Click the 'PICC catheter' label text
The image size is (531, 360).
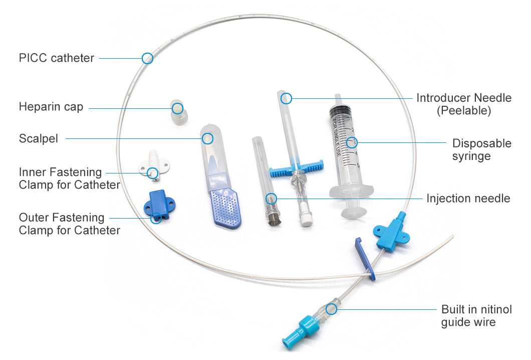(56, 58)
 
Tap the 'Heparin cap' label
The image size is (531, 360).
(51, 107)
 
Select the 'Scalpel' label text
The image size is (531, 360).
(39, 138)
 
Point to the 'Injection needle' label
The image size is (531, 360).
(468, 199)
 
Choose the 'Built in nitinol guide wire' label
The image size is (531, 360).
(476, 315)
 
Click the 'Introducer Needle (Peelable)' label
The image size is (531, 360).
(463, 104)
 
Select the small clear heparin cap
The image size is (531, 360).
(177, 112)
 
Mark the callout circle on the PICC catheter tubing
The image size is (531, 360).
(147, 58)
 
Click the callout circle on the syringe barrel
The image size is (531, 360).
(352, 142)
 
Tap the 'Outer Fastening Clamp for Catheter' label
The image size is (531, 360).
(69, 224)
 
